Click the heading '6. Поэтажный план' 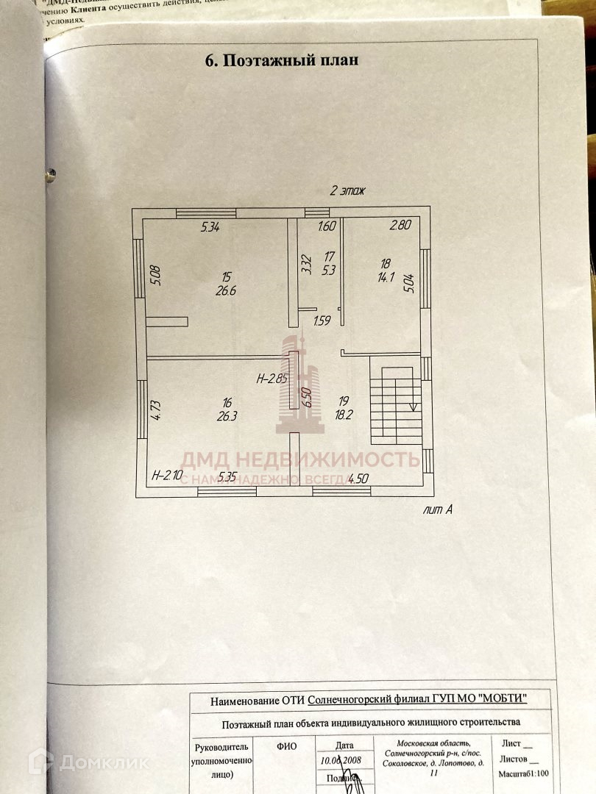pos(282,60)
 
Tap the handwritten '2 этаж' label pos(348,190)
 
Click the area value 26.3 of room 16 pos(227,414)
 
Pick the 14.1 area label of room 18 pos(385,278)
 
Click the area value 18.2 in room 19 pos(343,414)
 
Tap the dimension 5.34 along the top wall pos(211,227)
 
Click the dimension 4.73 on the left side pos(155,409)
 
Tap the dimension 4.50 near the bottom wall pos(358,479)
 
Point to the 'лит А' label pos(438,509)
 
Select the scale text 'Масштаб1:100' pos(525,774)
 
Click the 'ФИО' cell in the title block pos(286,746)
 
